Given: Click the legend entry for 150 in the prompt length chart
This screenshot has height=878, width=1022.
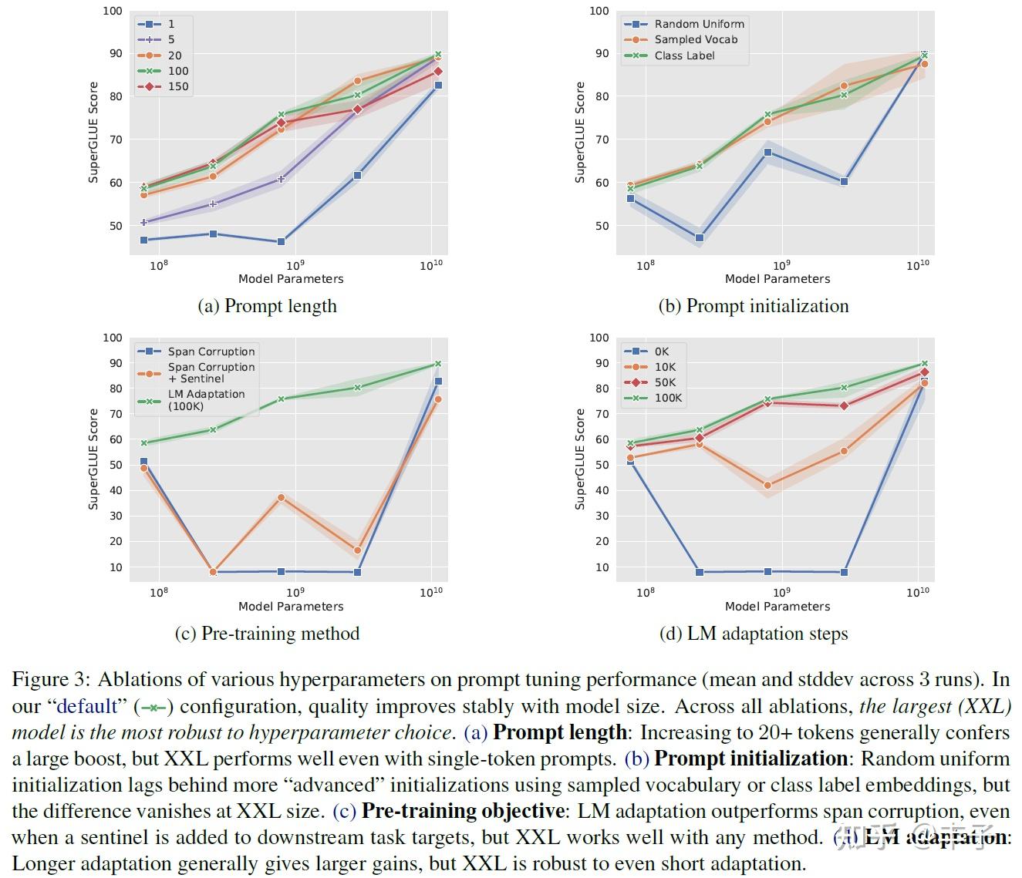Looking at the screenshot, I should pos(177,86).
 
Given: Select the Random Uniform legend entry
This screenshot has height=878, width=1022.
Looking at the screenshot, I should pos(699,24).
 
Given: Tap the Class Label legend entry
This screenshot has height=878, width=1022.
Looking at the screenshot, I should pos(684,56).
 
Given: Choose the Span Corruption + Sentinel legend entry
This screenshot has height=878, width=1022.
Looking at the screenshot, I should pos(211,373).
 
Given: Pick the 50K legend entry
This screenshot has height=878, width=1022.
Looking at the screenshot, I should pos(664,382).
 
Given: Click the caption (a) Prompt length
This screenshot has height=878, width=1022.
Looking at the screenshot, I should pos(267,306).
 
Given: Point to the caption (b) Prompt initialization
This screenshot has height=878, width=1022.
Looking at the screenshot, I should pos(753,306).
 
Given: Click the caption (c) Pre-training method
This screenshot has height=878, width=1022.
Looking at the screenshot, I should pos(267,634).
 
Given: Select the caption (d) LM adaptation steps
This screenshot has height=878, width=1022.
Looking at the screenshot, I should pos(753,634).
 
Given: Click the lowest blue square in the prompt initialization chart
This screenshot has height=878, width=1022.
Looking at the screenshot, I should pos(700,238).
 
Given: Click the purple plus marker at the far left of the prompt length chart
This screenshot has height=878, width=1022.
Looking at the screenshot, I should pos(144,223).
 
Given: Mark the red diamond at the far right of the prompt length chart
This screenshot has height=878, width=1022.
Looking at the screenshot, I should pos(437,72).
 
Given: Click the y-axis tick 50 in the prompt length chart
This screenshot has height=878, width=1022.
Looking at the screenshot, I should pos(115,226).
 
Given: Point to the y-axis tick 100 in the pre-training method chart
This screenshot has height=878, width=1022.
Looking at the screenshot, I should pos(113,338).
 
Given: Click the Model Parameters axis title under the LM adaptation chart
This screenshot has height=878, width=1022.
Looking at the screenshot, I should pos(777,607).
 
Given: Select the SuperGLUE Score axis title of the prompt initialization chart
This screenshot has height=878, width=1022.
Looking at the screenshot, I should pos(580,133).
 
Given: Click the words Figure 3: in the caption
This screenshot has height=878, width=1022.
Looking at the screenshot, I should pos(51,680).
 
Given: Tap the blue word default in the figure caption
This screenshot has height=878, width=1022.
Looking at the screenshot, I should pos(86,706).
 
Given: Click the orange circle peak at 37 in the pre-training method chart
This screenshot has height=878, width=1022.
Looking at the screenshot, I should pos(281,498).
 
